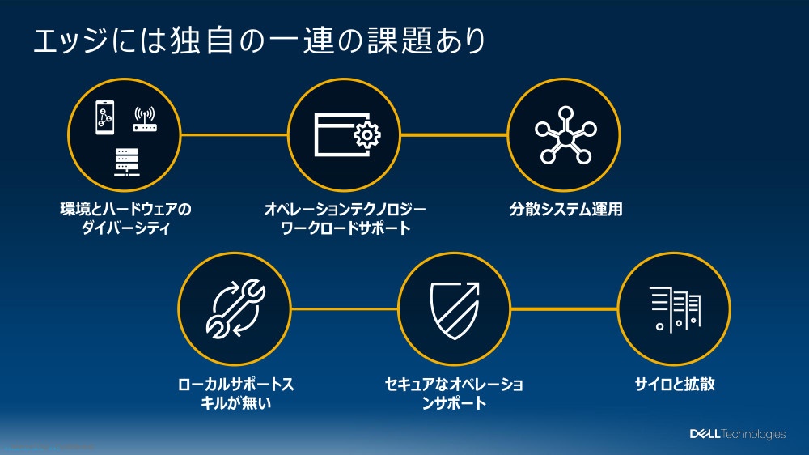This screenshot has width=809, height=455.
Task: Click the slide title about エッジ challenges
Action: click(259, 40)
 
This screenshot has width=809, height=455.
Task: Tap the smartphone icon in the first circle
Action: click(104, 117)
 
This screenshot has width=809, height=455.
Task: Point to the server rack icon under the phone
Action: click(125, 162)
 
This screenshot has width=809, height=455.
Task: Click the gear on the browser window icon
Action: click(366, 135)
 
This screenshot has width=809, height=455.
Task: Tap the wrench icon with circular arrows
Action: click(234, 308)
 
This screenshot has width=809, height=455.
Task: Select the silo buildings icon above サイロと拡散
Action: click(674, 308)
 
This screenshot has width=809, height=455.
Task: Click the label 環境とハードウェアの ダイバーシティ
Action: click(125, 219)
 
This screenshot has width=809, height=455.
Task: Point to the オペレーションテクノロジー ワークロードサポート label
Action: click(345, 219)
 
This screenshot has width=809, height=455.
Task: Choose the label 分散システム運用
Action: click(565, 210)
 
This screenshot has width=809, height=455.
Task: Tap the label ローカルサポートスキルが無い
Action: click(235, 393)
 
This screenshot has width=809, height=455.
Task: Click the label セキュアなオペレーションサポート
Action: click(454, 393)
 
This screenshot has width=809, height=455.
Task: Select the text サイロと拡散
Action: click(675, 385)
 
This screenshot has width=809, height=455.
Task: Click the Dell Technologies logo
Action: click(737, 434)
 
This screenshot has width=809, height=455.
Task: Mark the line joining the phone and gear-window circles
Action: click(235, 134)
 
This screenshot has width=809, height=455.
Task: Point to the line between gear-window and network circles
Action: click(454, 134)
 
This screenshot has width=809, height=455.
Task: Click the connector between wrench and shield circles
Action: click(344, 308)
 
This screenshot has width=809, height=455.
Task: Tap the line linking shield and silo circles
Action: click(564, 308)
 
